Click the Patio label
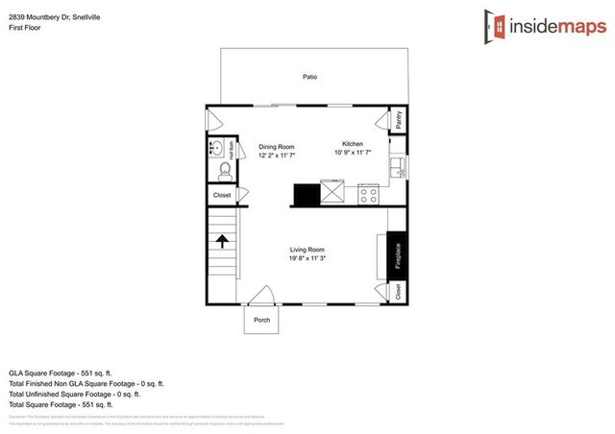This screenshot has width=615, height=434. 310,77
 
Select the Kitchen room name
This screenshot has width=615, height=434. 353,143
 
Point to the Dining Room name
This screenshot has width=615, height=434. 277,147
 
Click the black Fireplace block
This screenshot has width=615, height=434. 397,255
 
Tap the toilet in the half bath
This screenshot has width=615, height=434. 222,172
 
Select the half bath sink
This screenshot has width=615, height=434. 218,149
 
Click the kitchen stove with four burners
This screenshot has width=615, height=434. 368,194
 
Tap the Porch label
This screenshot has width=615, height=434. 261,320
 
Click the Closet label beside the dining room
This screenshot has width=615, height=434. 222,195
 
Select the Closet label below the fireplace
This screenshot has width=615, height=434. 397,290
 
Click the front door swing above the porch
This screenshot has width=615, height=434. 259,296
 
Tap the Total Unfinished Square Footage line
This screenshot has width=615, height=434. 74,394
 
